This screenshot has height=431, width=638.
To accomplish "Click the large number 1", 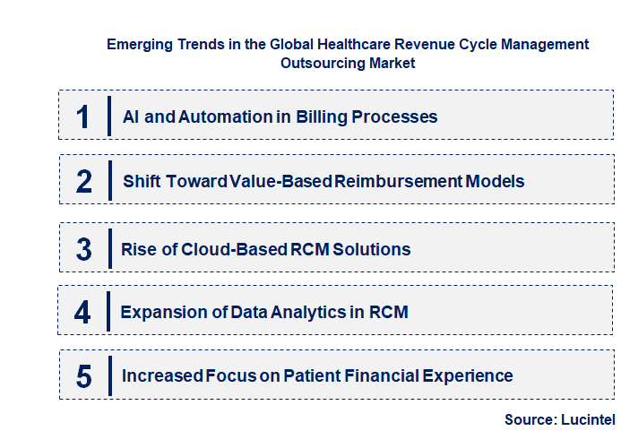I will (83, 116).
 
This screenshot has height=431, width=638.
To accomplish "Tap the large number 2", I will (83, 181).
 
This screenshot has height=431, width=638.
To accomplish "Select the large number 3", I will (83, 249).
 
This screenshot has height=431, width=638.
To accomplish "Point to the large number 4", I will (83, 312).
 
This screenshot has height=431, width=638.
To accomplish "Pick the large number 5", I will (83, 376).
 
